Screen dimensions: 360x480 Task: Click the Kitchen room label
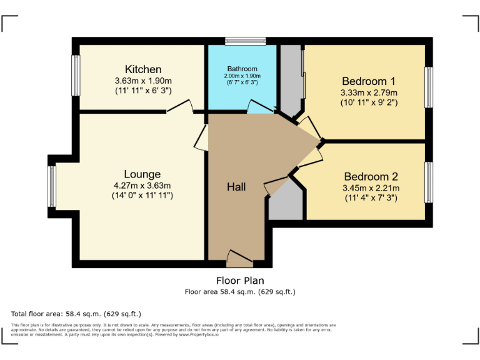143,69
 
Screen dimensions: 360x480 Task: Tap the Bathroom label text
242,69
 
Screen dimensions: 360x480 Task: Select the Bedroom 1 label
368,81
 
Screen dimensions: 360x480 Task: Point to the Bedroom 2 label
371,177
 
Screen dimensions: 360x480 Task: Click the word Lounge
142,174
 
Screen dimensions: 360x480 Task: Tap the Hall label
236,187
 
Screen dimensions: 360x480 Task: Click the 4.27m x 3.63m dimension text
142,185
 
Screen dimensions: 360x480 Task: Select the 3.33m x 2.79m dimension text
368,92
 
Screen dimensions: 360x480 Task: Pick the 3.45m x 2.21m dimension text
371,188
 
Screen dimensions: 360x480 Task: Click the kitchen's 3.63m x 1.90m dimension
143,81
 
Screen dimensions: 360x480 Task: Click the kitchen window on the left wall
75,76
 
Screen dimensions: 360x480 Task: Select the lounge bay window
52,186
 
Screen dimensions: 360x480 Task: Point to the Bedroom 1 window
429,87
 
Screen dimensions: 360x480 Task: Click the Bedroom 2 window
429,182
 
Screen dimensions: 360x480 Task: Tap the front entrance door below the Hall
239,257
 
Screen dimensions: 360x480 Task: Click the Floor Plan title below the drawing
240,281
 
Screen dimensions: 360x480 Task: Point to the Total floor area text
76,313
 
